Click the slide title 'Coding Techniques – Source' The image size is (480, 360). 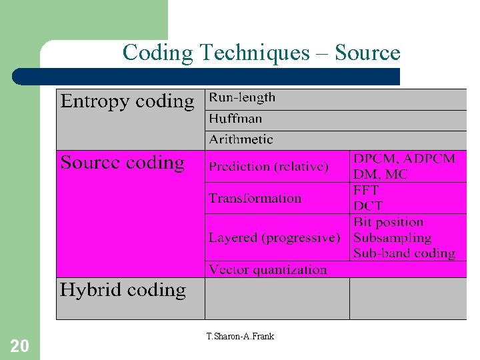[x=261, y=53]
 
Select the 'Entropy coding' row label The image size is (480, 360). [x=127, y=101]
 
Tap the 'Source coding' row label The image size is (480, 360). [x=123, y=163]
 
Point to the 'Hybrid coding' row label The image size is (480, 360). [x=123, y=290]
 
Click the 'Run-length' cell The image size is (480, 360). [x=242, y=97]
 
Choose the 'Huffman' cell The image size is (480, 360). [x=236, y=119]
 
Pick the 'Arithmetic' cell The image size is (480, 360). [x=241, y=139]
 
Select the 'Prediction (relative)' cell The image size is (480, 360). [x=269, y=167]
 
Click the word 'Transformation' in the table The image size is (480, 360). [x=255, y=198]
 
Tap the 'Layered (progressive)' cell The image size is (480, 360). [x=274, y=237]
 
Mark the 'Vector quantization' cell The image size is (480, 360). [x=268, y=269]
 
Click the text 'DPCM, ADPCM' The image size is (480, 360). [x=404, y=159]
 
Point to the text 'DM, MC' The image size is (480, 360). [x=381, y=174]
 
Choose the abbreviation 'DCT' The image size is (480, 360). [x=368, y=205]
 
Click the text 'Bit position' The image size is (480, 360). [x=389, y=222]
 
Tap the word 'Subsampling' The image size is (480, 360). [x=393, y=237]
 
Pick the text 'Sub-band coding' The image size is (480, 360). [x=404, y=253]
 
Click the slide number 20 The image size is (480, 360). [x=19, y=345]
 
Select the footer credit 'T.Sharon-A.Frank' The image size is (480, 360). [x=241, y=336]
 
